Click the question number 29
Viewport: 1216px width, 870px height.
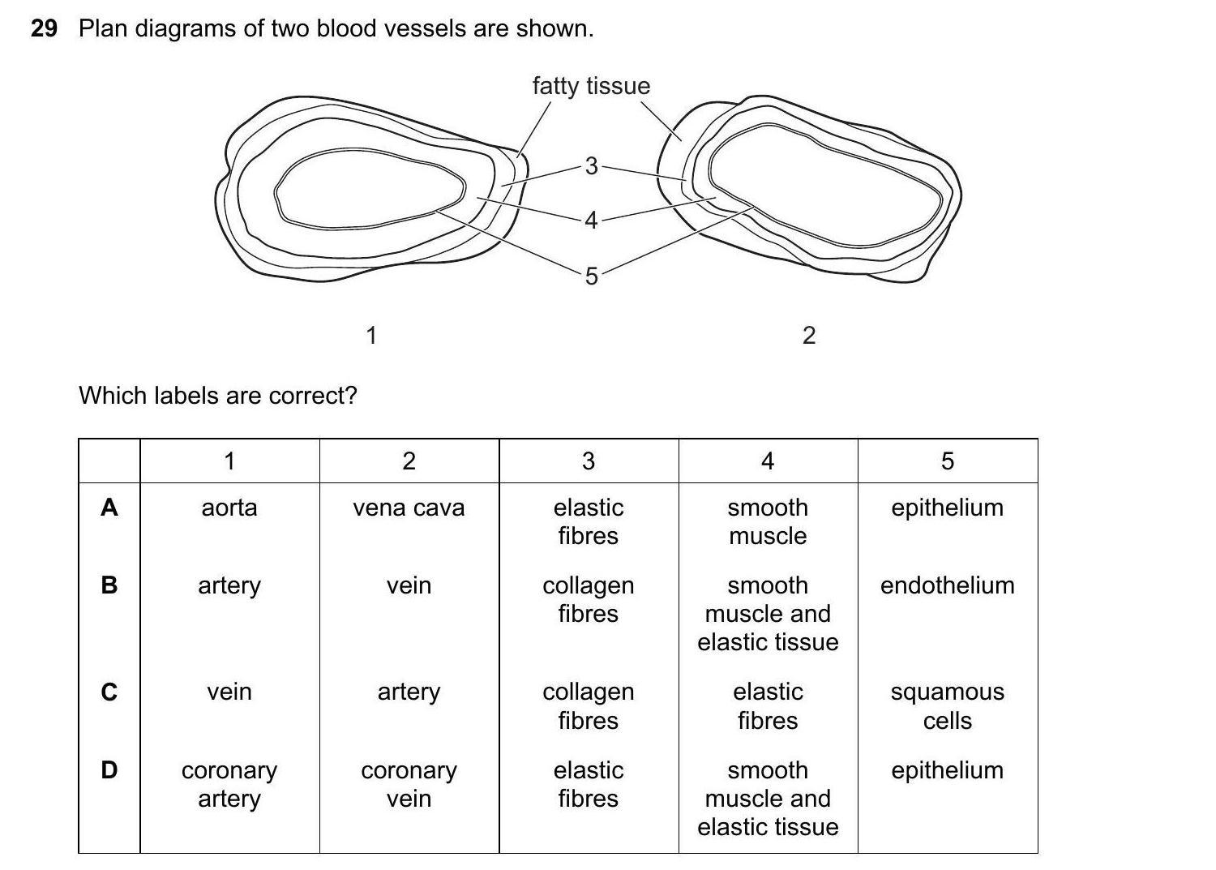tap(44, 28)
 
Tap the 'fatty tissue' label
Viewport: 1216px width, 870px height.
tap(591, 86)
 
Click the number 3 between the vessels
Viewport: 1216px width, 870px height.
tap(591, 165)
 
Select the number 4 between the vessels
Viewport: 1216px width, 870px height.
tap(591, 220)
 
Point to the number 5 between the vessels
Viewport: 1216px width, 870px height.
tap(591, 276)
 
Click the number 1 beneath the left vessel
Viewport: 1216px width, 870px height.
tap(371, 335)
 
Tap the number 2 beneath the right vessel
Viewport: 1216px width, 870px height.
tap(808, 335)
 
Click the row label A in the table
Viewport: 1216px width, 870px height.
tap(109, 508)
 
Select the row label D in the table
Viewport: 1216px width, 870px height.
tap(109, 769)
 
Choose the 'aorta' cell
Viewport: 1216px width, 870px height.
tap(229, 508)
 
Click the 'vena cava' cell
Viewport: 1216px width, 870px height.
tap(409, 508)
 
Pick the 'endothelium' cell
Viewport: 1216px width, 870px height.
tap(947, 585)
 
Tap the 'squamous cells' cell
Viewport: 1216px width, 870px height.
tap(947, 705)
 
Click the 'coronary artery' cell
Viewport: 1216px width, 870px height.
tap(229, 784)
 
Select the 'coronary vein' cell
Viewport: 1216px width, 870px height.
tap(409, 784)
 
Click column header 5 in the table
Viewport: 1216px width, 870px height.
tap(947, 461)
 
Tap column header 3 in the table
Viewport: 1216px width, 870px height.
tap(589, 461)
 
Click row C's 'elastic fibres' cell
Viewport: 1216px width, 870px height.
tap(768, 705)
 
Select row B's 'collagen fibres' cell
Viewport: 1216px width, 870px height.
tap(589, 599)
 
